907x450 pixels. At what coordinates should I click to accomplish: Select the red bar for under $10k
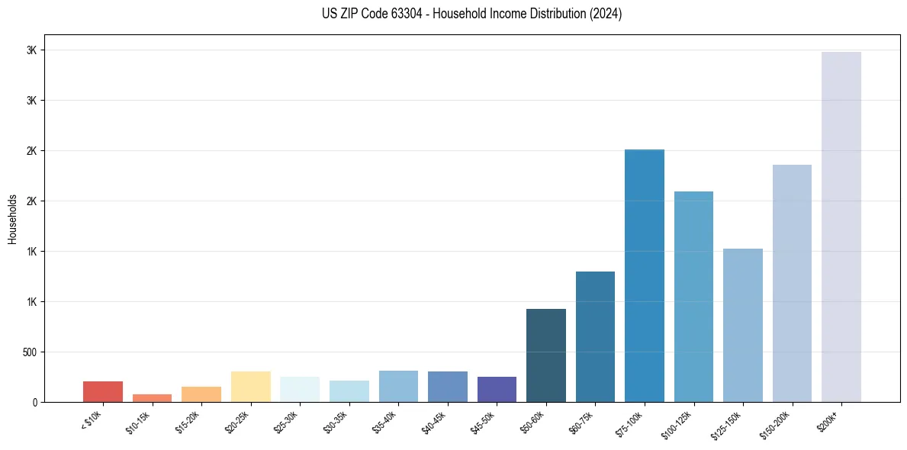tap(103, 391)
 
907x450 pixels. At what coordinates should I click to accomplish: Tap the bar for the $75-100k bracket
tap(645, 275)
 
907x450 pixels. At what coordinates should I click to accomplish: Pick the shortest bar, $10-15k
tap(152, 398)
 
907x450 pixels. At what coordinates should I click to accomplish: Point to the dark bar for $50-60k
tap(546, 355)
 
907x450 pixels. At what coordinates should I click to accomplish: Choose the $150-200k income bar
tap(792, 283)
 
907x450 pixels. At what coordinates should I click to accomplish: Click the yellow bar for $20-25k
tap(250, 387)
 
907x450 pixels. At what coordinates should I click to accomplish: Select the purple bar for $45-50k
tap(497, 389)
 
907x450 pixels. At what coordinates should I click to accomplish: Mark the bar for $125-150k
tap(742, 325)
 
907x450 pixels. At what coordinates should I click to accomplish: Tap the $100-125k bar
tap(693, 297)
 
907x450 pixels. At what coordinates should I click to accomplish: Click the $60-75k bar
tap(595, 336)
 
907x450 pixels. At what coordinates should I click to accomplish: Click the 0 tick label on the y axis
tap(34, 402)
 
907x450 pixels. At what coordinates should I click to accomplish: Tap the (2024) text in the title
tap(606, 14)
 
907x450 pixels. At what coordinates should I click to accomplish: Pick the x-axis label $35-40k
tap(386, 422)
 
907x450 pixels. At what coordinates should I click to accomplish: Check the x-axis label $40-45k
tap(435, 422)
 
